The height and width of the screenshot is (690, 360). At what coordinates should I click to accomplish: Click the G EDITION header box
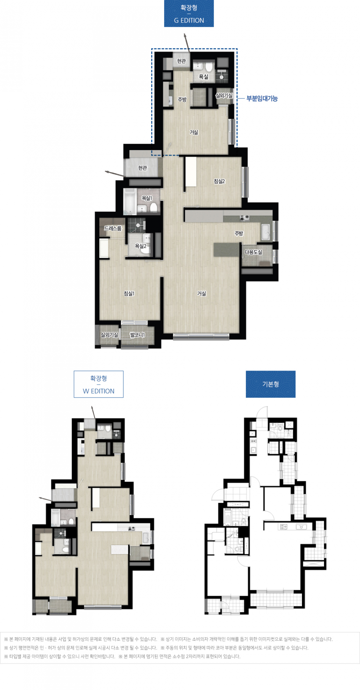[x=189, y=14]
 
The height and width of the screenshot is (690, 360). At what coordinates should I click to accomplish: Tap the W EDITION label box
[x=99, y=384]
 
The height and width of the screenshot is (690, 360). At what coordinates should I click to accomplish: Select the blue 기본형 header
[x=271, y=384]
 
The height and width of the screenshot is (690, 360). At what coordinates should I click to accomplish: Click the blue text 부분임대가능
[x=262, y=99]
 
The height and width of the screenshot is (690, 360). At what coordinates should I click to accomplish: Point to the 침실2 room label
[x=219, y=181]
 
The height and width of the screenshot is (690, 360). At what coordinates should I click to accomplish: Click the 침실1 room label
[x=129, y=294]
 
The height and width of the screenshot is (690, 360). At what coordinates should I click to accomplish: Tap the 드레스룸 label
[x=113, y=228]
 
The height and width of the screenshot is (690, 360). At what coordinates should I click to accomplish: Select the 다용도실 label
[x=253, y=252]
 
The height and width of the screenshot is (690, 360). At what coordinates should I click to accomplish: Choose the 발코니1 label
[x=137, y=335]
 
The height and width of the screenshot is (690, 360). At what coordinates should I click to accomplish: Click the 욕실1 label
[x=147, y=198]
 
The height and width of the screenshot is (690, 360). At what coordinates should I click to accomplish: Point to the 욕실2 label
[x=141, y=246]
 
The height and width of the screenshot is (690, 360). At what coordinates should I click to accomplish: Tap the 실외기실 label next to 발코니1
[x=110, y=335]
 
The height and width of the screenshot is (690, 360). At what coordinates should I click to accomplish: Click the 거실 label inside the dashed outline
[x=194, y=132]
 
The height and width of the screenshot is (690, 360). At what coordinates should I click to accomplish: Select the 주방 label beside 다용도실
[x=239, y=233]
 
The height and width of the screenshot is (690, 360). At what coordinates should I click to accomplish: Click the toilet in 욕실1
[x=153, y=207]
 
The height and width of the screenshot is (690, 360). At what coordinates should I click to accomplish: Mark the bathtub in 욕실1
[x=129, y=201]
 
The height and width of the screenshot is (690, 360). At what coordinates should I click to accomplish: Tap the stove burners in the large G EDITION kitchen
[x=244, y=217]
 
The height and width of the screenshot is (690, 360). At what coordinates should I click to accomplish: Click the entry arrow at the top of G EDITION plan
[x=186, y=42]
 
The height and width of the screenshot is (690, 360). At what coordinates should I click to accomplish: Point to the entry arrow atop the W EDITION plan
[x=93, y=412]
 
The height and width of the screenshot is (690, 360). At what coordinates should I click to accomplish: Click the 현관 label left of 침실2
[x=142, y=168]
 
